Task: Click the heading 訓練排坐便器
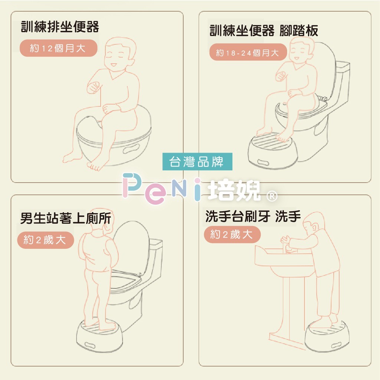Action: (x=60, y=26)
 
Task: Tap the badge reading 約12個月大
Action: (x=58, y=48)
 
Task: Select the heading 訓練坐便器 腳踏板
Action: (x=264, y=30)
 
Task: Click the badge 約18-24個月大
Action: (x=248, y=52)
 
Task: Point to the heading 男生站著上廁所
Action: (x=65, y=218)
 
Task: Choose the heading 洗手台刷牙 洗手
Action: (x=253, y=216)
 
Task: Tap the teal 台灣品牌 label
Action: (x=197, y=162)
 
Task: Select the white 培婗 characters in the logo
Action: (x=234, y=190)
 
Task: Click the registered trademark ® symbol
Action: (x=272, y=196)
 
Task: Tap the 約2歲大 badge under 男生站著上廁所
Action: (x=45, y=240)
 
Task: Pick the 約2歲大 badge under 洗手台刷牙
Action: (x=232, y=235)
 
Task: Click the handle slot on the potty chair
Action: (x=131, y=148)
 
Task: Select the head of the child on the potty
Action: (x=120, y=54)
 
